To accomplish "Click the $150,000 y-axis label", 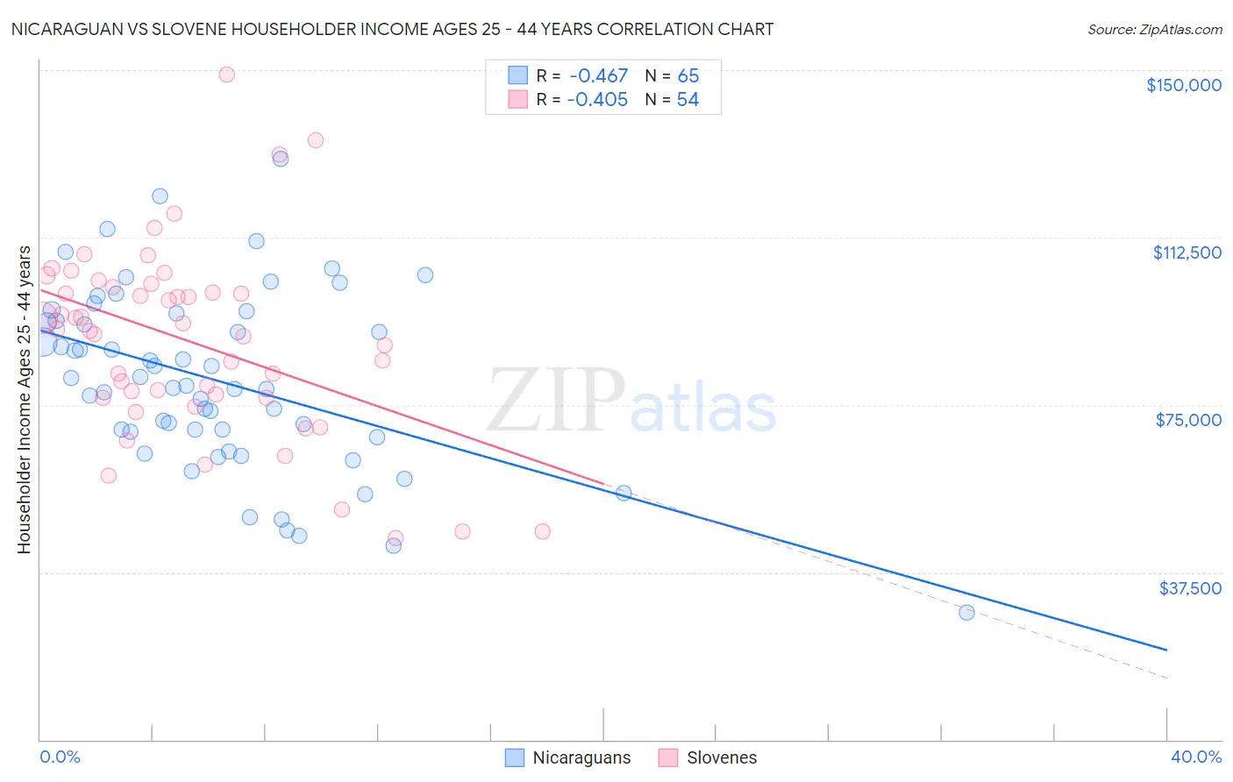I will tap(1183, 85).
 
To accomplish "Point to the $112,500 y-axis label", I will tap(1187, 252).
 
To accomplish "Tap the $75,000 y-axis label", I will tap(1188, 420).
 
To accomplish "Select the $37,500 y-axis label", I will tap(1190, 587).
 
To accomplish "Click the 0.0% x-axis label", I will tap(60, 757).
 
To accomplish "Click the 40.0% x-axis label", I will tap(1195, 757).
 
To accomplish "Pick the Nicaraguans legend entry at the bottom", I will tap(568, 757).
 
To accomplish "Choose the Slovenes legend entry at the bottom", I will tap(708, 757).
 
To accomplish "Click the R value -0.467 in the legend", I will tap(598, 76).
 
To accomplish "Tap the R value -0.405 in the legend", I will tap(598, 100).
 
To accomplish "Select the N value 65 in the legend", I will tap(688, 76).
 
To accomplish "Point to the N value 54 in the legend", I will tap(688, 100).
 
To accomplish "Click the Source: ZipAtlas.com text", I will tap(1154, 30).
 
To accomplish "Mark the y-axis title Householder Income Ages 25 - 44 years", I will tap(24, 400).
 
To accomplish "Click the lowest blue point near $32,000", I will tap(966, 612).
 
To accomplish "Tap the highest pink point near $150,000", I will tap(226, 75).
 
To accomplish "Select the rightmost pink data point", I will tap(542, 531).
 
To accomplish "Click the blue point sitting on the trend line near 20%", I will tap(624, 493).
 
